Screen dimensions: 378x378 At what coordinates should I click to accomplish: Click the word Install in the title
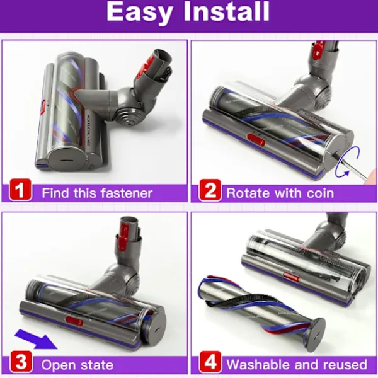point(227,11)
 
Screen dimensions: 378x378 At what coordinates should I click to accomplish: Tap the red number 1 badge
point(20,190)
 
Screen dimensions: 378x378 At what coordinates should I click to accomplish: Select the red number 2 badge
point(210,190)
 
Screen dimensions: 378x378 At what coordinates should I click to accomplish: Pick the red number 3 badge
point(21,362)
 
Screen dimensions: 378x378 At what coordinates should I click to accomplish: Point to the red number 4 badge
point(210,362)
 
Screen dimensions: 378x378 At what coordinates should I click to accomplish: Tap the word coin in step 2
point(320,193)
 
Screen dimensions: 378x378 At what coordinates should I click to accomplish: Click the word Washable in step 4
point(258,364)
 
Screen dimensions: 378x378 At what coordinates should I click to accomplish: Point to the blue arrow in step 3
point(36,339)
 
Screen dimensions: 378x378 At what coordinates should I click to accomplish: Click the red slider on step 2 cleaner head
point(256,140)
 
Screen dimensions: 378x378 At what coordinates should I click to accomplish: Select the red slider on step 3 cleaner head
point(74,321)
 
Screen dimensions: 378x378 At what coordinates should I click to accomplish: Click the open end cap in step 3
point(156,327)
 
